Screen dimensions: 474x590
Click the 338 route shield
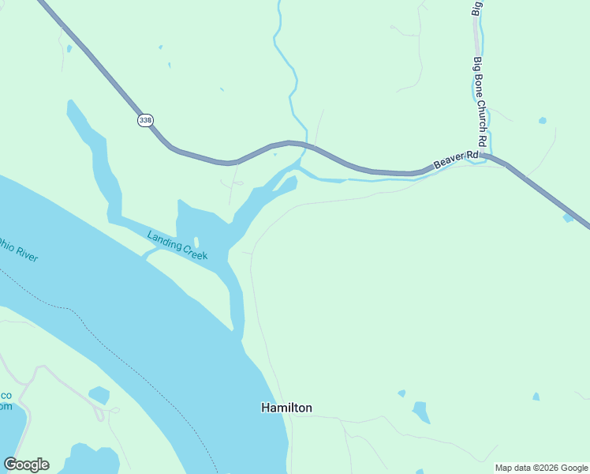click(145, 120)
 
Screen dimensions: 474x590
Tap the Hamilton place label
click(286, 408)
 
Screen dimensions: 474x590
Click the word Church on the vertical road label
click(483, 112)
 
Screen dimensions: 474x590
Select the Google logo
click(26, 465)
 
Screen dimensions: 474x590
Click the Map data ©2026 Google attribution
click(541, 468)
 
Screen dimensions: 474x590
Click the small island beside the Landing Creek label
click(196, 242)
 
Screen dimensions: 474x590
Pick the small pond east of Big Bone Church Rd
click(542, 121)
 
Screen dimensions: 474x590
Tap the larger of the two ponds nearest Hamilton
click(421, 412)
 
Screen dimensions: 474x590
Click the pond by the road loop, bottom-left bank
click(99, 395)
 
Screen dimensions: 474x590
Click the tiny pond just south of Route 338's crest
click(274, 154)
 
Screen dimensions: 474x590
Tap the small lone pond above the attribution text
click(536, 397)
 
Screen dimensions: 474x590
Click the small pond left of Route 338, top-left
click(69, 49)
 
